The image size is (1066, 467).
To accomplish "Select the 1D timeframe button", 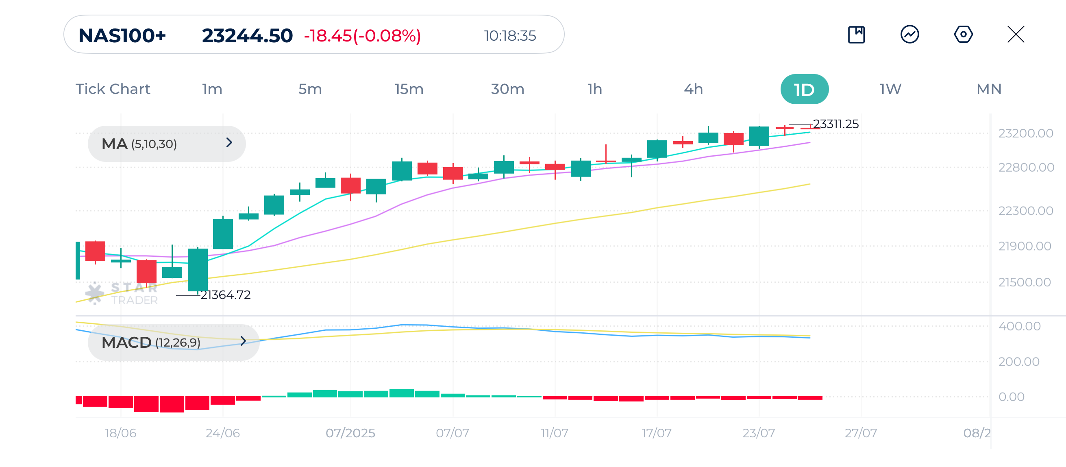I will tap(804, 89).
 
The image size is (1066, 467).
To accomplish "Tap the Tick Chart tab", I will tap(113, 89).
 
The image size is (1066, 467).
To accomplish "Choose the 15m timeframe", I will tap(409, 89).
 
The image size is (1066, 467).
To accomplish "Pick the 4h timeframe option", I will tap(693, 89).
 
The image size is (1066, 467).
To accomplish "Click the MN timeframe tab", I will tap(989, 89).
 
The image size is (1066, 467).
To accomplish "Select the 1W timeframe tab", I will tap(890, 89).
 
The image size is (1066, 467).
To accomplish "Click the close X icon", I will tap(1016, 34).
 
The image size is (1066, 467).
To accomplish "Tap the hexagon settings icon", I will tap(963, 34).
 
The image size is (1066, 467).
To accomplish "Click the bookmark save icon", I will tap(856, 34).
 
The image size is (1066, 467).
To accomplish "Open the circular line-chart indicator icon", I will tap(909, 34).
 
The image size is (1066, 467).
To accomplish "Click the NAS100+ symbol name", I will tap(122, 36).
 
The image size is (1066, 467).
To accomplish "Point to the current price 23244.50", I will tap(247, 36).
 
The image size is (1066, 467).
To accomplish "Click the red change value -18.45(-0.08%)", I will tap(362, 36).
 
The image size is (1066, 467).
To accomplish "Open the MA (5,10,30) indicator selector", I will tap(166, 144).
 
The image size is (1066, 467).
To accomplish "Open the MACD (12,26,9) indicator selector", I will tap(173, 343).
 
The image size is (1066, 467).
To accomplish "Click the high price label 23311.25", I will tap(835, 124).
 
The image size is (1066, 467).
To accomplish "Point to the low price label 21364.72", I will tap(226, 295).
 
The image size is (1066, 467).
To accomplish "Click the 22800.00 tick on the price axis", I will tap(1026, 168).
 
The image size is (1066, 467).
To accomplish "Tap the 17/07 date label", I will tap(656, 433).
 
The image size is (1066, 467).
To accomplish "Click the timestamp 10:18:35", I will tap(510, 36).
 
